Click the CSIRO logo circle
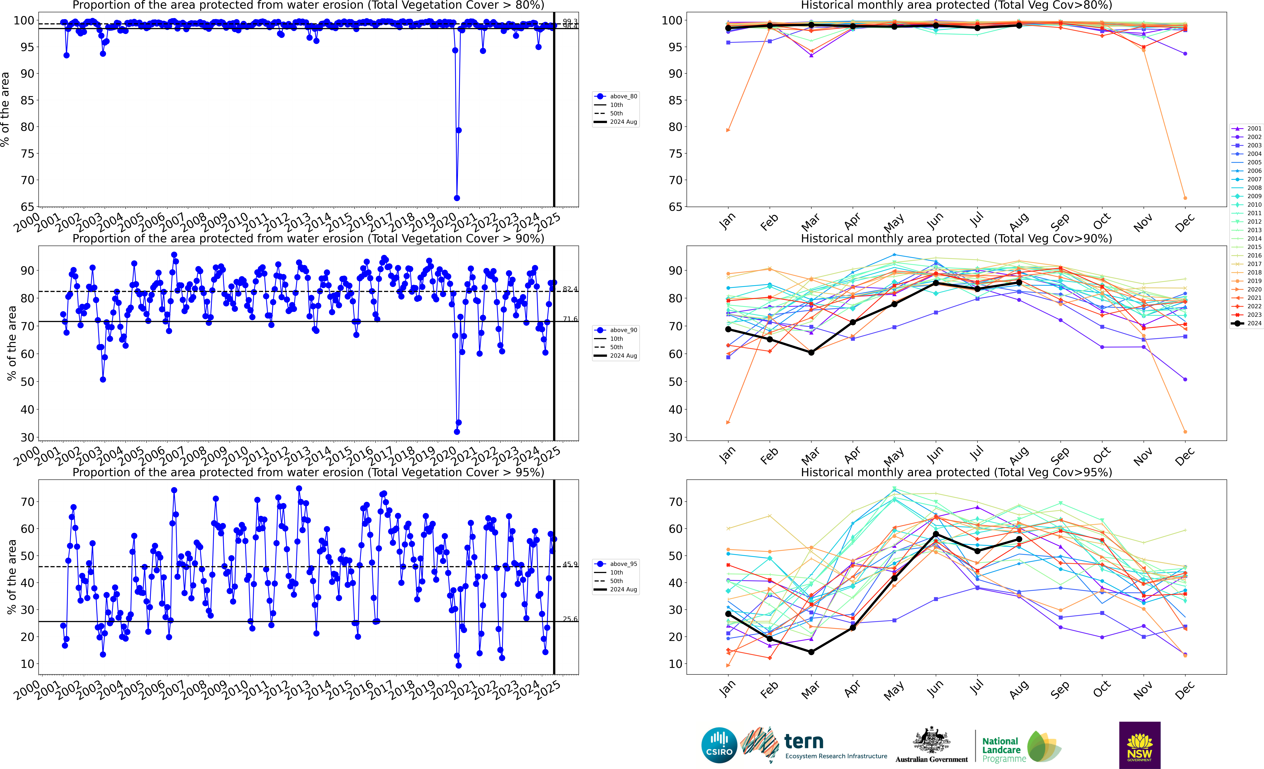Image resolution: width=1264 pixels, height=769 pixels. pos(719,745)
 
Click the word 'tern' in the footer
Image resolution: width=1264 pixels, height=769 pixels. pos(804,741)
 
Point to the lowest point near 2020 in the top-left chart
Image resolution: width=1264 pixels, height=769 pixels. pos(457,198)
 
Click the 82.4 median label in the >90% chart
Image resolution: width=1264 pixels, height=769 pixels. pos(570,289)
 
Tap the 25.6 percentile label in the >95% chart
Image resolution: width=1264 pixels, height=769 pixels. pos(570,619)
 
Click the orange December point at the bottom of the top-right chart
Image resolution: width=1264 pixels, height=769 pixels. pos(1185,198)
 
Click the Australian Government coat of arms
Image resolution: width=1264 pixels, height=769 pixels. pos(931,740)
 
